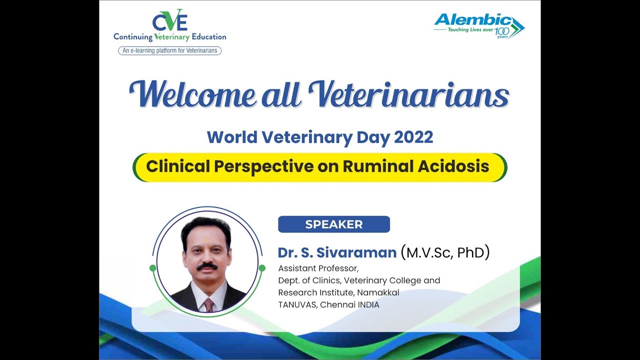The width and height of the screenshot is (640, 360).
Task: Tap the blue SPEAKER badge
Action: pos(333,224)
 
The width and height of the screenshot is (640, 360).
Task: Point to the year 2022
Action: pos(413,137)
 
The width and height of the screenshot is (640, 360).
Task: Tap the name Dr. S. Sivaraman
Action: pos(337,252)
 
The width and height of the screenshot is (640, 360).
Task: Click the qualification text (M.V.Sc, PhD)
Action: pos(445,252)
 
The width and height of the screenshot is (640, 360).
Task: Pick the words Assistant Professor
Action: pos(318,268)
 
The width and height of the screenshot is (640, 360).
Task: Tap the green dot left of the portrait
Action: pos(152,268)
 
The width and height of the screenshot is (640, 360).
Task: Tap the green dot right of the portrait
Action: pos(262,268)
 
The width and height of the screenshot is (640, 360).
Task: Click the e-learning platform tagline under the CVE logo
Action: pos(170,50)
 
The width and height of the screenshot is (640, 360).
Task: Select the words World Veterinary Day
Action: pos(298,137)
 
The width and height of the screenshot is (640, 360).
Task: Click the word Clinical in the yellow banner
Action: pos(178,166)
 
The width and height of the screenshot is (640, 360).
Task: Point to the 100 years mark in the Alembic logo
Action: pos(501,33)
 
